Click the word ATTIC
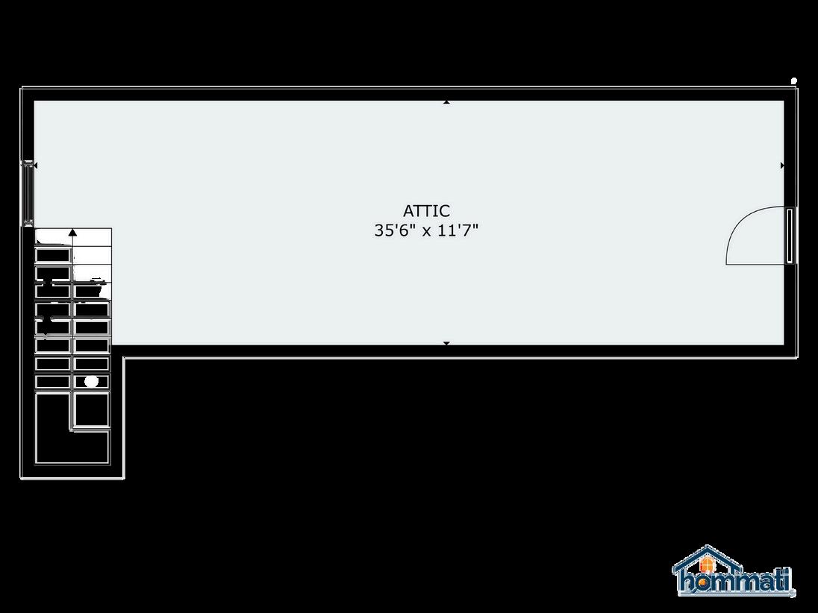tap(426, 211)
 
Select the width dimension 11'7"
tap(455, 230)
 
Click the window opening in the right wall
tap(790, 236)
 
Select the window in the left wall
tap(28, 192)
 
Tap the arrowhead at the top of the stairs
tap(72, 233)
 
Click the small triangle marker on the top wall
tap(446, 101)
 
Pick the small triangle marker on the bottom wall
tap(446, 343)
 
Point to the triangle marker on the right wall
tap(782, 165)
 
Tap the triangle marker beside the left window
tap(35, 165)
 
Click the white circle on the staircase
tap(91, 381)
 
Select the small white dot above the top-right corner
tap(793, 81)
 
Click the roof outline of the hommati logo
tap(706, 553)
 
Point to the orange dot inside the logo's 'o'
tap(706, 582)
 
